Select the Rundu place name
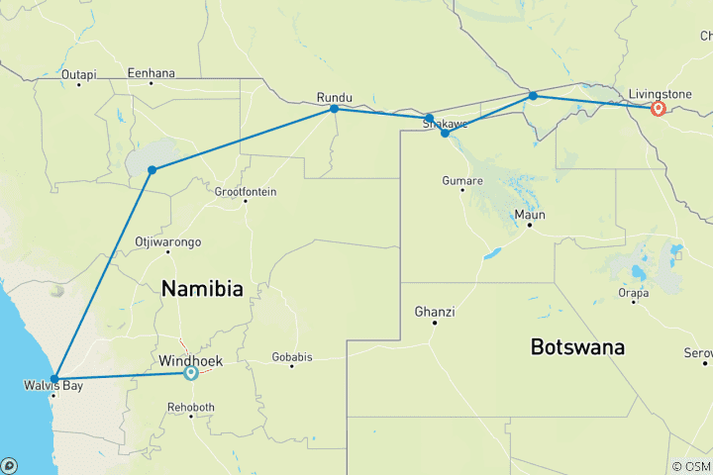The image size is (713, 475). coord(334,97)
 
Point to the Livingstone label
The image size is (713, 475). coord(661,94)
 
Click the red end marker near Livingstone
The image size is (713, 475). coord(658,108)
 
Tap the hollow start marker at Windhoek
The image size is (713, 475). coord(190,373)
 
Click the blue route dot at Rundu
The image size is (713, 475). coord(335,108)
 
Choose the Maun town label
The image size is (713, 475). coord(530,214)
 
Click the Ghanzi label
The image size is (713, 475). coord(435,312)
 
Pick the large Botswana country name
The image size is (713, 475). coord(578,347)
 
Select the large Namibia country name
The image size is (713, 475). coord(202,289)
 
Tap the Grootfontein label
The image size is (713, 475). coord(246,191)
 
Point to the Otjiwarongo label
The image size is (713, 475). coord(168,241)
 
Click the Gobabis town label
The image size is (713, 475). coord(292,354)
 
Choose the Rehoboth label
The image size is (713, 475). coord(187,407)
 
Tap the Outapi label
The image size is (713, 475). coord(78,74)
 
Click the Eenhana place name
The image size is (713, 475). coord(151,72)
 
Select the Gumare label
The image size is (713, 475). coord(463,181)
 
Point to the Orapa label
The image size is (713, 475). coord(633,293)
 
